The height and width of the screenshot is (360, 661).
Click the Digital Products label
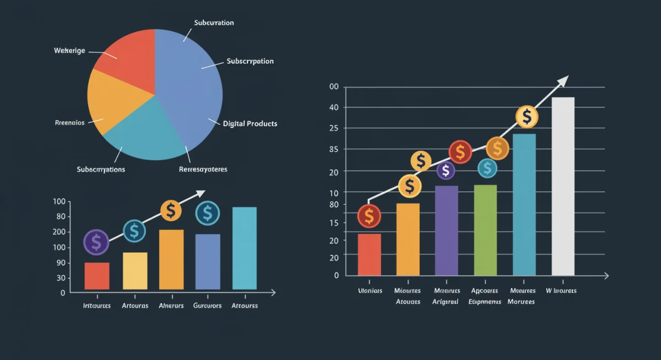(250, 124)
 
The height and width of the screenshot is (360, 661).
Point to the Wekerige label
(69, 51)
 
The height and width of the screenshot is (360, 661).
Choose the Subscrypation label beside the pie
(250, 61)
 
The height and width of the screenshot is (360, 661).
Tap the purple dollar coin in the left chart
(96, 242)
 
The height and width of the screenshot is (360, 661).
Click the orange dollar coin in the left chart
(171, 210)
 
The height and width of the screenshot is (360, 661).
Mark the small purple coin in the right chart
(446, 171)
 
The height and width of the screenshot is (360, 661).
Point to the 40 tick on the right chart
(334, 107)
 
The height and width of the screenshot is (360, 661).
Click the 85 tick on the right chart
(334, 149)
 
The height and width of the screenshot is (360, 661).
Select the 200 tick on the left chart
(59, 232)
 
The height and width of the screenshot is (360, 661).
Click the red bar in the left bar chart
(97, 276)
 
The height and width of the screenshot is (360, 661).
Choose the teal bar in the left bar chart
(245, 248)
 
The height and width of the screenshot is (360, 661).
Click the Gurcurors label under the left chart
(208, 306)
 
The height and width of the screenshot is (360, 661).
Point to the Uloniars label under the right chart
(370, 291)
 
